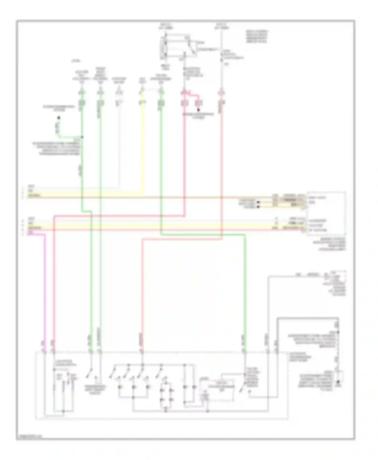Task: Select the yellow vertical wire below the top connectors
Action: pos(143,151)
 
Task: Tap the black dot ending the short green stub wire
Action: pos(59,118)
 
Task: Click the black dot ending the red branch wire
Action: pos(198,110)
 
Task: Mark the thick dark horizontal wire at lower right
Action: pos(307,319)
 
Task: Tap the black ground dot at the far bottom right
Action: pos(339,385)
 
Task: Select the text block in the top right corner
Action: pos(257,37)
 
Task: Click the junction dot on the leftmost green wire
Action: pos(82,137)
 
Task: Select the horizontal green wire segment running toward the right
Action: pos(202,235)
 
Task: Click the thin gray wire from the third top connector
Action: pos(119,151)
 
